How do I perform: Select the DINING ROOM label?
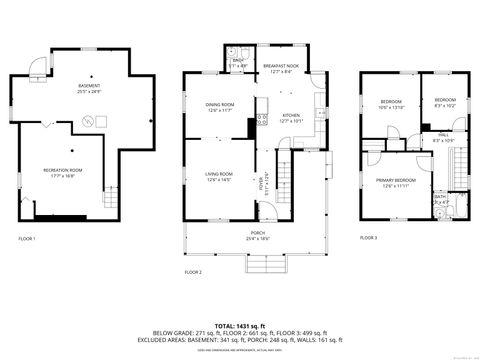point(219,105)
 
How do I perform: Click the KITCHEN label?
point(291,116)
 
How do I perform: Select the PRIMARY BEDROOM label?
point(397,181)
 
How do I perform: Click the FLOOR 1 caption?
point(27,238)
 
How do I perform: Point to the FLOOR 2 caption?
point(193,271)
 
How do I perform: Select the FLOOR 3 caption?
point(369,237)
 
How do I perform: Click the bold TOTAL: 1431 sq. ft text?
point(240,325)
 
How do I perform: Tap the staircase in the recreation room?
point(111,198)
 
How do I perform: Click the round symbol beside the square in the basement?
point(86,121)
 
